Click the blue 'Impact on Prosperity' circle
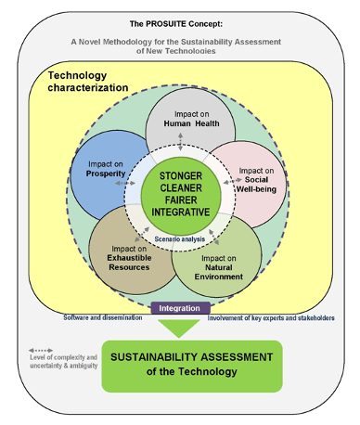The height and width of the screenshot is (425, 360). (100, 167)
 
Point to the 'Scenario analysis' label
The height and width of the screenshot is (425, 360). (180, 239)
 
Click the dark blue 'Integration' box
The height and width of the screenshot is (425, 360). (180, 307)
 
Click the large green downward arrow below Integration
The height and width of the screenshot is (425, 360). (180, 327)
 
